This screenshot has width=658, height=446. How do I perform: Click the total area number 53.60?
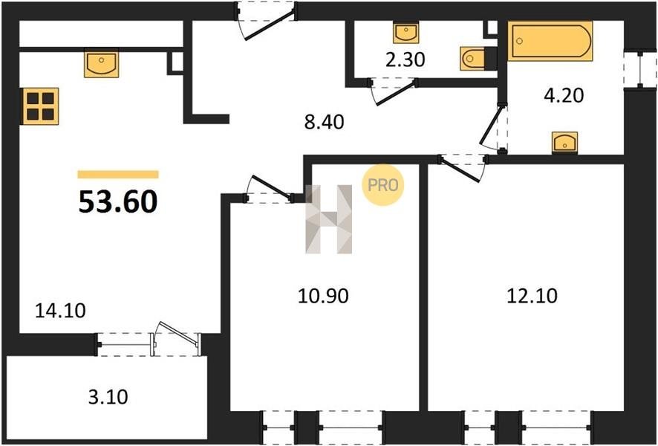click(118, 202)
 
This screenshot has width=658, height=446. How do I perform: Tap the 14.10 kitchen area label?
click(60, 311)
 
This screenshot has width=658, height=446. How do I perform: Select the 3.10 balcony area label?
click(108, 397)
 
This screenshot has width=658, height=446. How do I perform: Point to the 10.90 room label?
click(323, 296)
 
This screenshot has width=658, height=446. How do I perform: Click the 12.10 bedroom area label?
click(532, 296)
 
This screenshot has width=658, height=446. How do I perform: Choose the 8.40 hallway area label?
click(325, 122)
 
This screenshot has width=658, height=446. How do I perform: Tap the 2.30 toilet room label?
click(405, 60)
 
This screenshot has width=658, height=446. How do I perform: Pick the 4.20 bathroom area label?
click(564, 96)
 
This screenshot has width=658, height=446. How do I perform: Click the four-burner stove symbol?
click(40, 106)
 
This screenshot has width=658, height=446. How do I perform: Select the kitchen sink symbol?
click(101, 63)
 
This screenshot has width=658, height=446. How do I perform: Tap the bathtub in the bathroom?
click(550, 41)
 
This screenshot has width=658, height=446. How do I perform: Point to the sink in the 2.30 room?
click(405, 33)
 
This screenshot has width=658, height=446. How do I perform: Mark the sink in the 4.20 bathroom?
click(564, 143)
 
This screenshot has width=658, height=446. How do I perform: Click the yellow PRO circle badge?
click(382, 185)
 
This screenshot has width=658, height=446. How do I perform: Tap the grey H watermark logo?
click(328, 219)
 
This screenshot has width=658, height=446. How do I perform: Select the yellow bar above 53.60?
click(118, 174)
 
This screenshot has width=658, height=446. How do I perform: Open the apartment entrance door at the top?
click(266, 21)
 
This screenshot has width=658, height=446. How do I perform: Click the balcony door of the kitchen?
click(176, 340)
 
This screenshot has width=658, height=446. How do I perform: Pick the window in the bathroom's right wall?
click(640, 70)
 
